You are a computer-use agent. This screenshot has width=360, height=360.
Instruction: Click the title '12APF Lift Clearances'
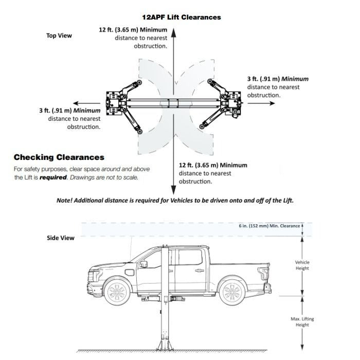181,17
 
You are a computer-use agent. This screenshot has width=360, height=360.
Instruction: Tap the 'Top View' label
59,35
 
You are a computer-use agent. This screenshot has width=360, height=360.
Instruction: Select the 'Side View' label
61,238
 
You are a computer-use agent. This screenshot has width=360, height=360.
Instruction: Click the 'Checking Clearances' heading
59,157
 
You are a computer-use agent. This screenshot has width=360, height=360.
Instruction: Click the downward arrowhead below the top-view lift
174,188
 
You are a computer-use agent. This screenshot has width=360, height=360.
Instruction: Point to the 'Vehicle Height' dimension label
302,265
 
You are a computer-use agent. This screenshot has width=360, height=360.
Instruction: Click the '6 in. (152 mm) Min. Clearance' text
268,226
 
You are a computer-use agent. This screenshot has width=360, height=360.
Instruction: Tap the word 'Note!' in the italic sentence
65,200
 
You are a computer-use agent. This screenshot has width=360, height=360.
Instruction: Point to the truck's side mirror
143,264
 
